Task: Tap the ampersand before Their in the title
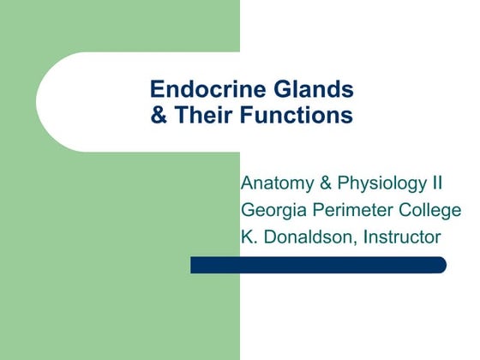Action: click(x=159, y=115)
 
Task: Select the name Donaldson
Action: click(x=308, y=237)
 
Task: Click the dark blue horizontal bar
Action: click(x=317, y=265)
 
